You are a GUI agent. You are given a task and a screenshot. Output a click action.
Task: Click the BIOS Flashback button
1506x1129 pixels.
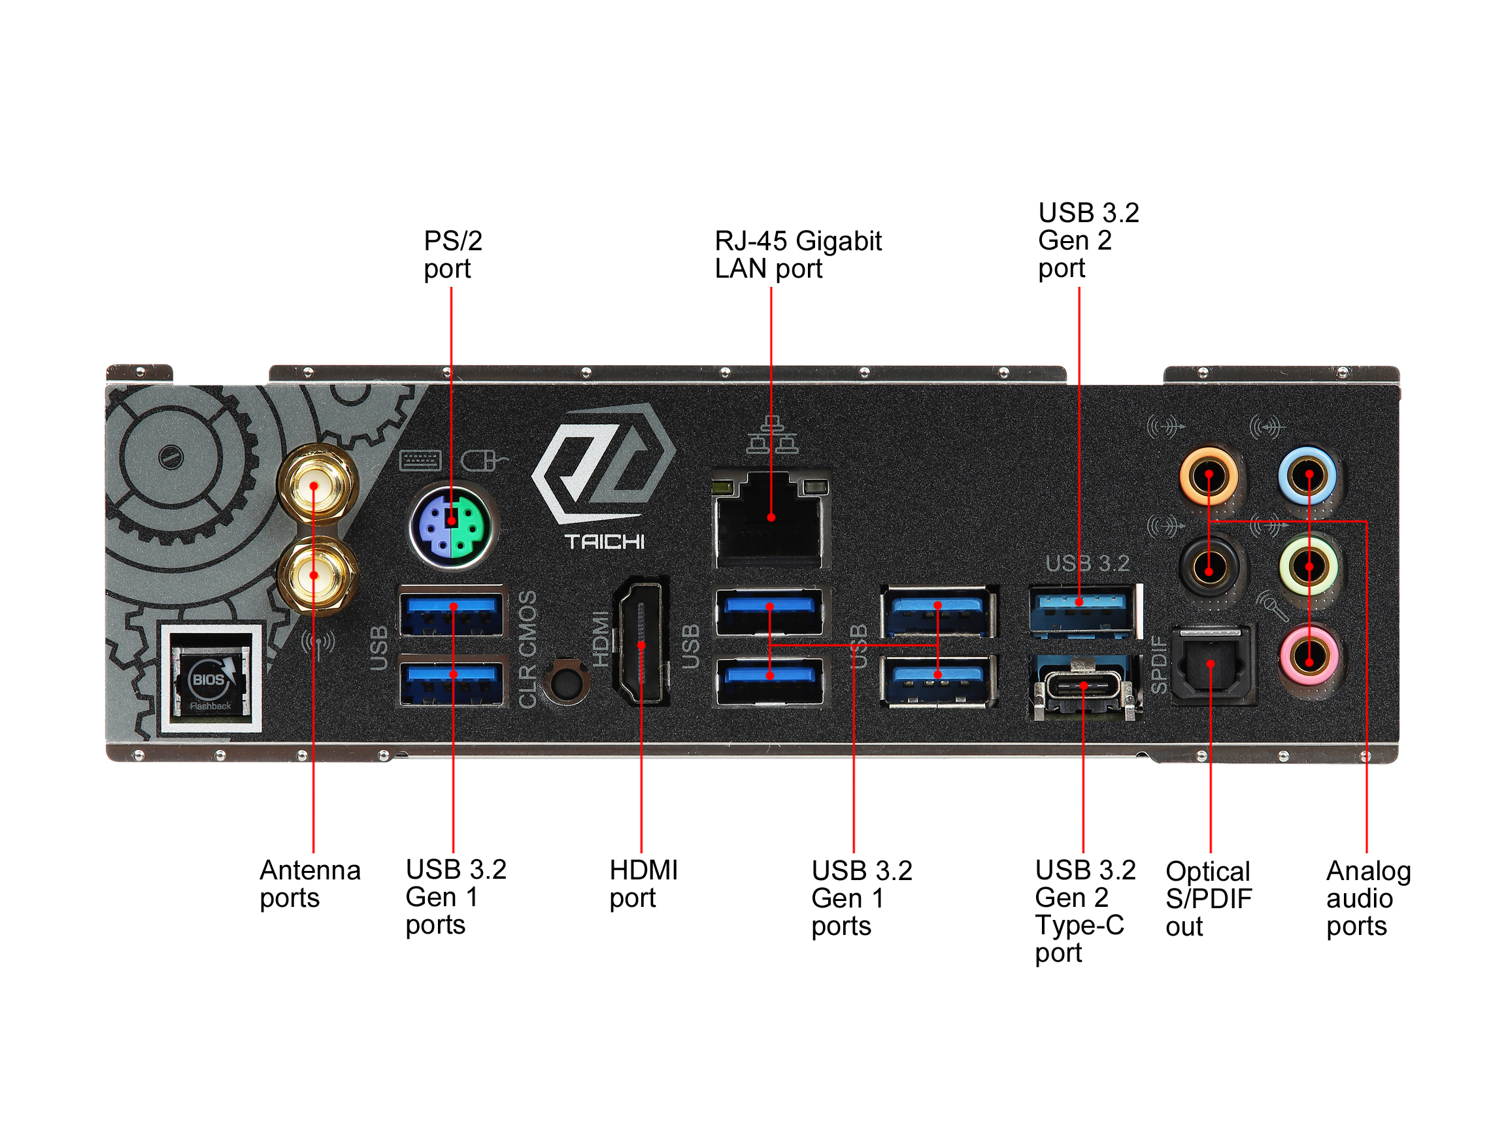(x=210, y=680)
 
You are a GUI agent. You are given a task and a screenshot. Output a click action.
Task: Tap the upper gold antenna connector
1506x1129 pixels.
(x=315, y=485)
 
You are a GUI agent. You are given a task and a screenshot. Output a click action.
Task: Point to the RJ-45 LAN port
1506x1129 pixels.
(x=770, y=521)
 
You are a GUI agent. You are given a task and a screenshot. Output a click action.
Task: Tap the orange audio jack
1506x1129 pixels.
(x=1209, y=475)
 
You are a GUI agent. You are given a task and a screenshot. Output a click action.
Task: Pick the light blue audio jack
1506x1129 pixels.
(x=1308, y=475)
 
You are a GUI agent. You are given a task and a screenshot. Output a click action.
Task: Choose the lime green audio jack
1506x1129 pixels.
(x=1309, y=566)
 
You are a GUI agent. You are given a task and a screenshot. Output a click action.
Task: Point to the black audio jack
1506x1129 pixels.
(x=1209, y=567)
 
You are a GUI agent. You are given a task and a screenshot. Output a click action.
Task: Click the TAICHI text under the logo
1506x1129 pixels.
(x=604, y=542)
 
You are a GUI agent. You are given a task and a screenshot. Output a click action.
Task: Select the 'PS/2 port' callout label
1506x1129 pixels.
(x=452, y=255)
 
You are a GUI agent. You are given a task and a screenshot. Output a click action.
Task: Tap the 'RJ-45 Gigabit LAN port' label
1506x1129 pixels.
(x=797, y=255)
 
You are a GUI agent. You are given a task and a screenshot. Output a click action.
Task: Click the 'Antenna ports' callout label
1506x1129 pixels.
(x=310, y=883)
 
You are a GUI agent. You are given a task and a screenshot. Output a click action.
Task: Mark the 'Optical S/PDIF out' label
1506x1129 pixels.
(x=1208, y=898)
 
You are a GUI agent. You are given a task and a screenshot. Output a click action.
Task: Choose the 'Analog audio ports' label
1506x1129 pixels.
(x=1368, y=898)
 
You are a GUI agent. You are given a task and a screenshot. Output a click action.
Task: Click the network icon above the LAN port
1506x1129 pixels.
(x=771, y=435)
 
